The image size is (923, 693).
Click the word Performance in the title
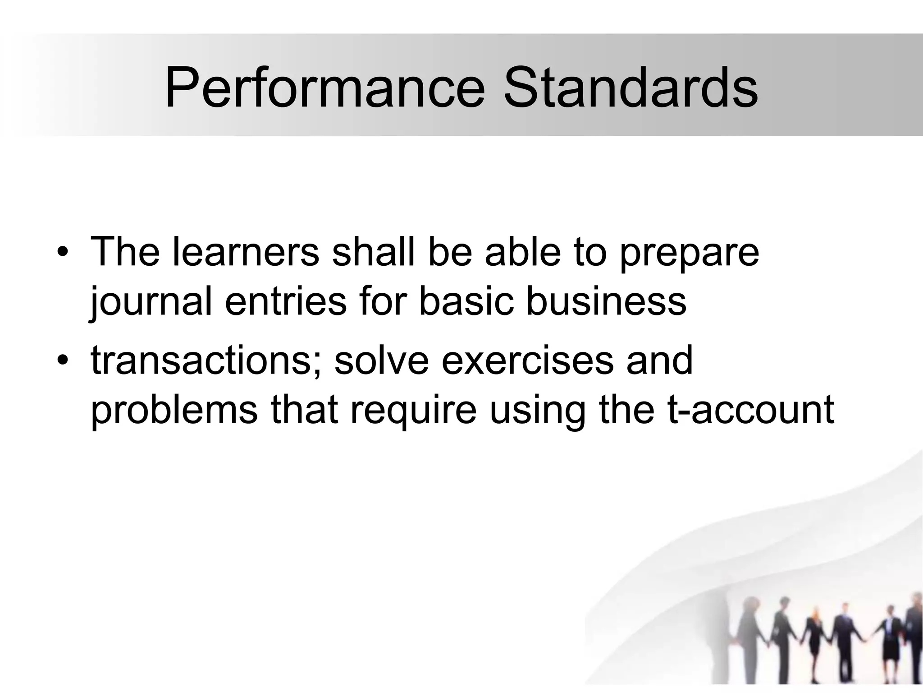(x=324, y=88)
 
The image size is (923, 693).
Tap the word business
(x=606, y=301)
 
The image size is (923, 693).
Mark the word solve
(x=381, y=361)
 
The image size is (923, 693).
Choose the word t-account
(x=750, y=411)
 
